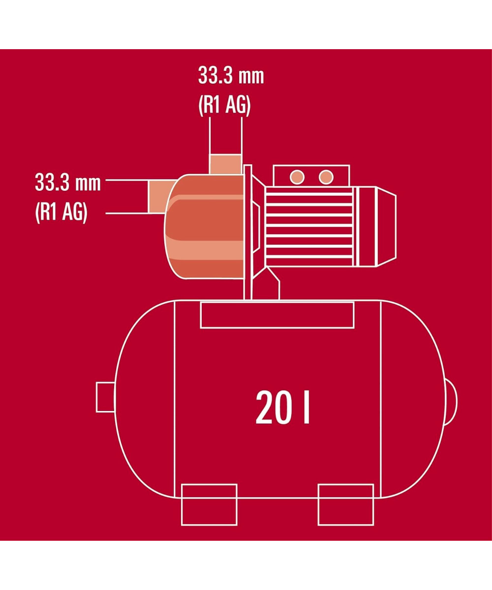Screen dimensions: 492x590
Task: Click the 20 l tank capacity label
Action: [x=282, y=407]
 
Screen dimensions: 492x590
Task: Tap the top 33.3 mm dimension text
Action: [x=231, y=75]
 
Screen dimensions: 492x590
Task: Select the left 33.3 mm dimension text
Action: [x=68, y=183]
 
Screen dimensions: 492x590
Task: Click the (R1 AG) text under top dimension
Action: [x=224, y=106]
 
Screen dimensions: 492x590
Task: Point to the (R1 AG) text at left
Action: [x=61, y=213]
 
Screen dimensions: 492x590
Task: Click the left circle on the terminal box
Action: [x=297, y=177]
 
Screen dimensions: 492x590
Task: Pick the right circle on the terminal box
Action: [x=326, y=177]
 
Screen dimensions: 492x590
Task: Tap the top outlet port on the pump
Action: [x=225, y=164]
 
